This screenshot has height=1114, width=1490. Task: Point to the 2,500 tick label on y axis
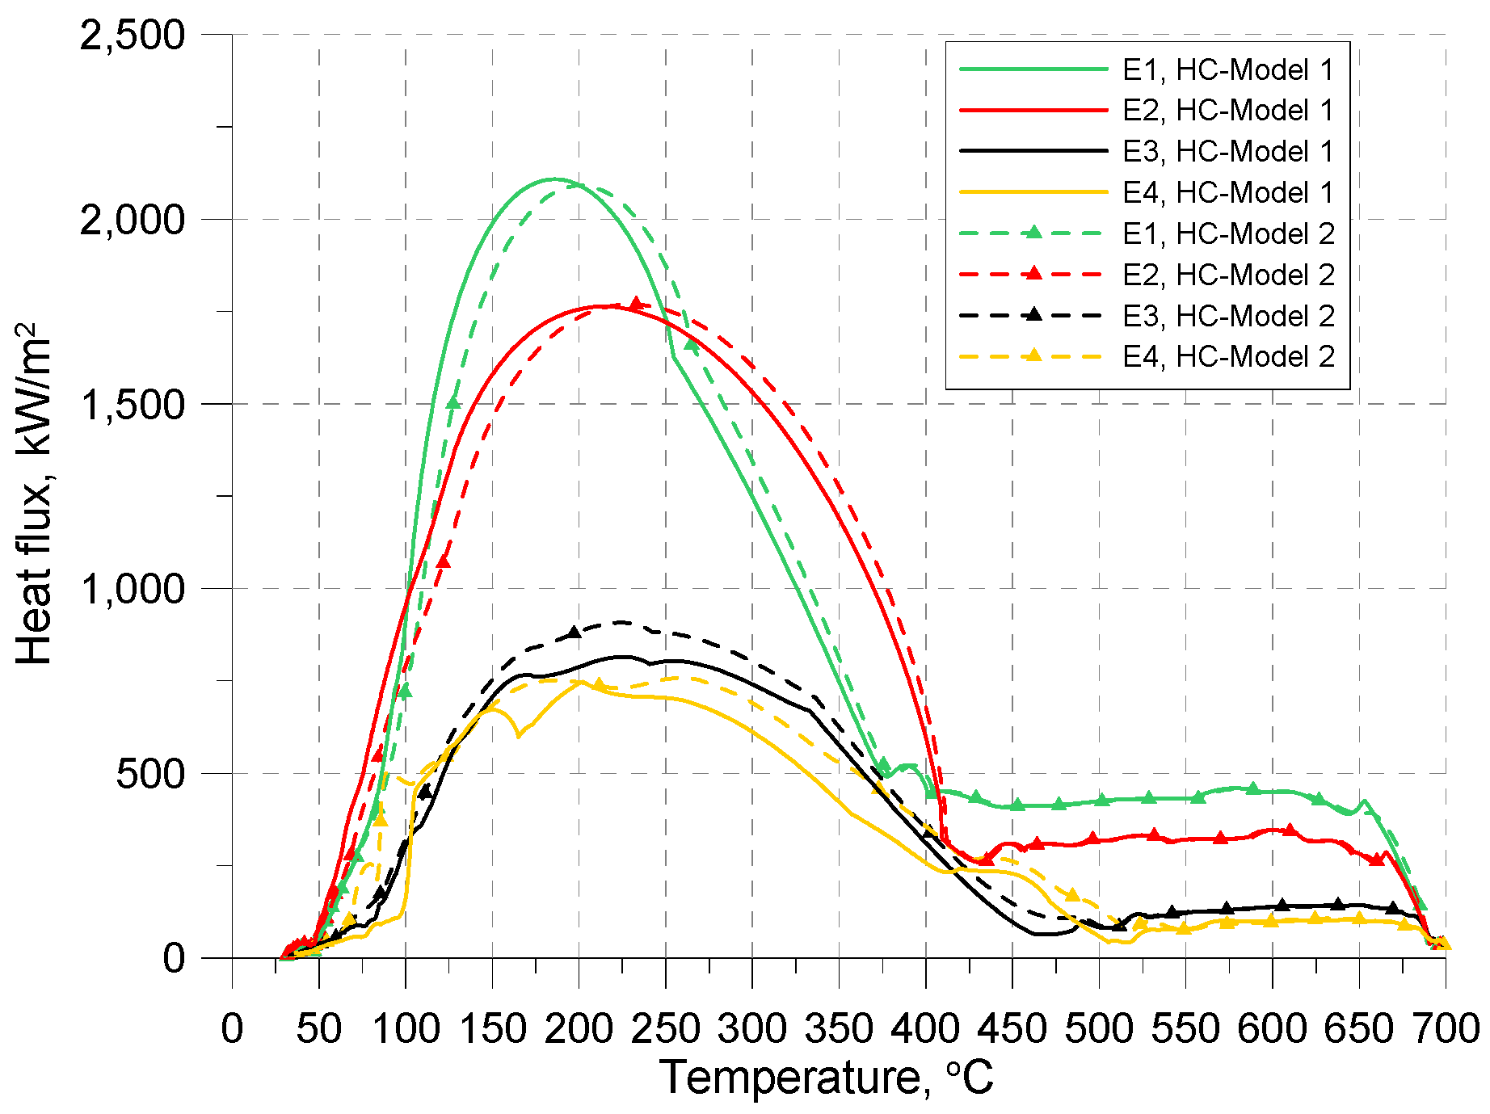[133, 36]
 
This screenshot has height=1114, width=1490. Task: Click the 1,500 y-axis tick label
[133, 404]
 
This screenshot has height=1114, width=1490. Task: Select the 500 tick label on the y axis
[150, 774]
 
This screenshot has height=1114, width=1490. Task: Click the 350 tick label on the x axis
[839, 1029]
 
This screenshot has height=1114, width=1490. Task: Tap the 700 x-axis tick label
[1445, 1029]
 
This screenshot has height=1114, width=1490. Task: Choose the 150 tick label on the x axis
[491, 1029]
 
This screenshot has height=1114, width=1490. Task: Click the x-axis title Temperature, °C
[826, 1078]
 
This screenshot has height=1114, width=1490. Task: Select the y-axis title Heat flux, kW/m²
[34, 494]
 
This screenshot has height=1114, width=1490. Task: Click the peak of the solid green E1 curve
[554, 179]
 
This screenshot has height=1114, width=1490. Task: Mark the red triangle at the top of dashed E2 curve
[636, 304]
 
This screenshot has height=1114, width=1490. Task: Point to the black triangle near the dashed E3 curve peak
[575, 633]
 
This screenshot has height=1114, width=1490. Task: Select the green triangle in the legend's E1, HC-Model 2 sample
[1032, 233]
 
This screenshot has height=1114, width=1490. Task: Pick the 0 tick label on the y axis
[174, 958]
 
